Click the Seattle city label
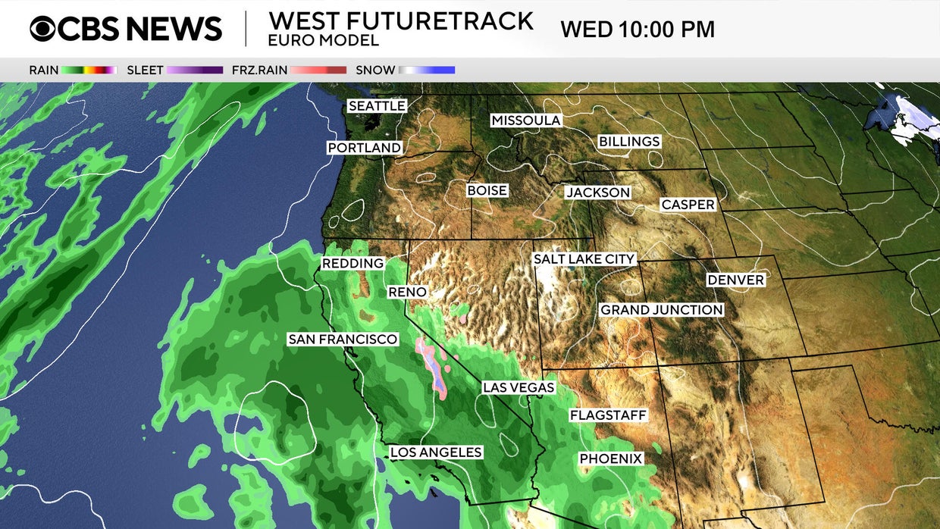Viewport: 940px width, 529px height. coord(377,106)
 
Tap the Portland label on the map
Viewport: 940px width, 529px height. coord(365,148)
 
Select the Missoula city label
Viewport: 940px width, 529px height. coord(526,121)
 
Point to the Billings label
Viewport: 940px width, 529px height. coord(629,142)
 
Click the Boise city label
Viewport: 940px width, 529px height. coord(487,191)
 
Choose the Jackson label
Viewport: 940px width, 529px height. coord(598,193)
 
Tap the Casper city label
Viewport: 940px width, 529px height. coord(688,205)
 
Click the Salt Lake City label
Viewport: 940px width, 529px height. coord(584,259)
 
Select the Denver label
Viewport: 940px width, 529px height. coord(735,280)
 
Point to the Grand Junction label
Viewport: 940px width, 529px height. coord(662,310)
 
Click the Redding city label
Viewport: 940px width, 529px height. coord(352,263)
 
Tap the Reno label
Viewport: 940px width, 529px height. coord(407,292)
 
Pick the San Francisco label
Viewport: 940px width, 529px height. coord(343,340)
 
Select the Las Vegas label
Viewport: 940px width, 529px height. coord(519,388)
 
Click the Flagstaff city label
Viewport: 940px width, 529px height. coord(608,415)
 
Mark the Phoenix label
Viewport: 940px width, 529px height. coord(611,459)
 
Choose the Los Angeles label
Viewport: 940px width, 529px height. coord(436,452)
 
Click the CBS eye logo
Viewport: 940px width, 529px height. coord(43,29)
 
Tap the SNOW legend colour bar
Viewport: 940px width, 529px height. coord(427,70)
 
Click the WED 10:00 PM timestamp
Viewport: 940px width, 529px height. coord(638,30)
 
